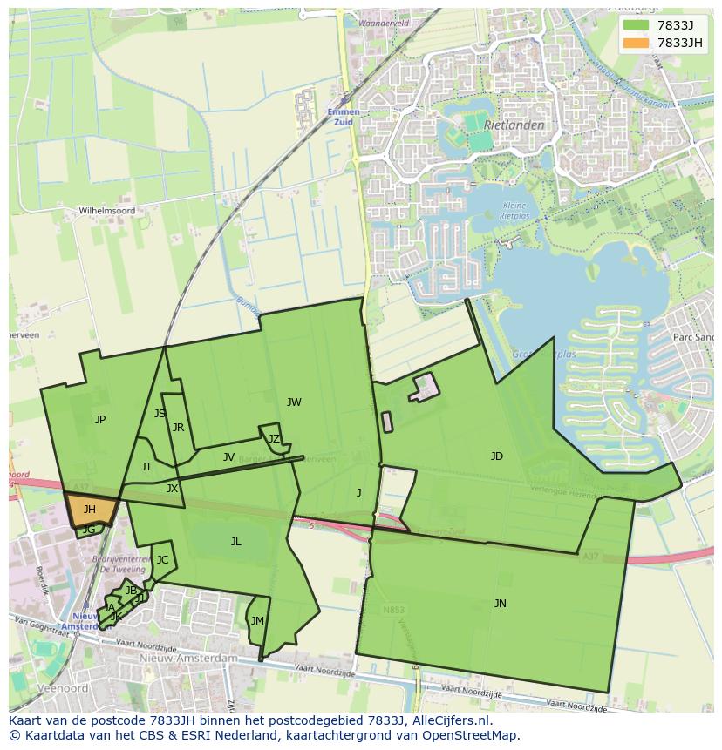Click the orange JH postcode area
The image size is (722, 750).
tap(89, 509)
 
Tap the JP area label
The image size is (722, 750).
tap(100, 420)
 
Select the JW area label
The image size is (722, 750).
tap(294, 402)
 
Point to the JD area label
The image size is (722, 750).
tap(497, 456)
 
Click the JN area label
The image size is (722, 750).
tap(500, 603)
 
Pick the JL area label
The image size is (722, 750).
tap(235, 542)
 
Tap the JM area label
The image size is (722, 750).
tap(257, 621)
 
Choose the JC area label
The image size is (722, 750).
tap(162, 560)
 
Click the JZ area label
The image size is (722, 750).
tap(274, 439)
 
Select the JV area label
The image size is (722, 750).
tap(228, 457)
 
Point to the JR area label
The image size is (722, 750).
tap(178, 428)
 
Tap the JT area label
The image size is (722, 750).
tap(146, 467)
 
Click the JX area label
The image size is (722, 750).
tap(172, 489)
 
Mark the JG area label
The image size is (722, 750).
tap(89, 530)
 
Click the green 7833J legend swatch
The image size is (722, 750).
tap(637, 25)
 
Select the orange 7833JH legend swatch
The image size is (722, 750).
tap(637, 43)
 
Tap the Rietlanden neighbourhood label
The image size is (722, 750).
tap(514, 125)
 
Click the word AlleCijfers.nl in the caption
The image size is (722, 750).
tap(450, 721)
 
